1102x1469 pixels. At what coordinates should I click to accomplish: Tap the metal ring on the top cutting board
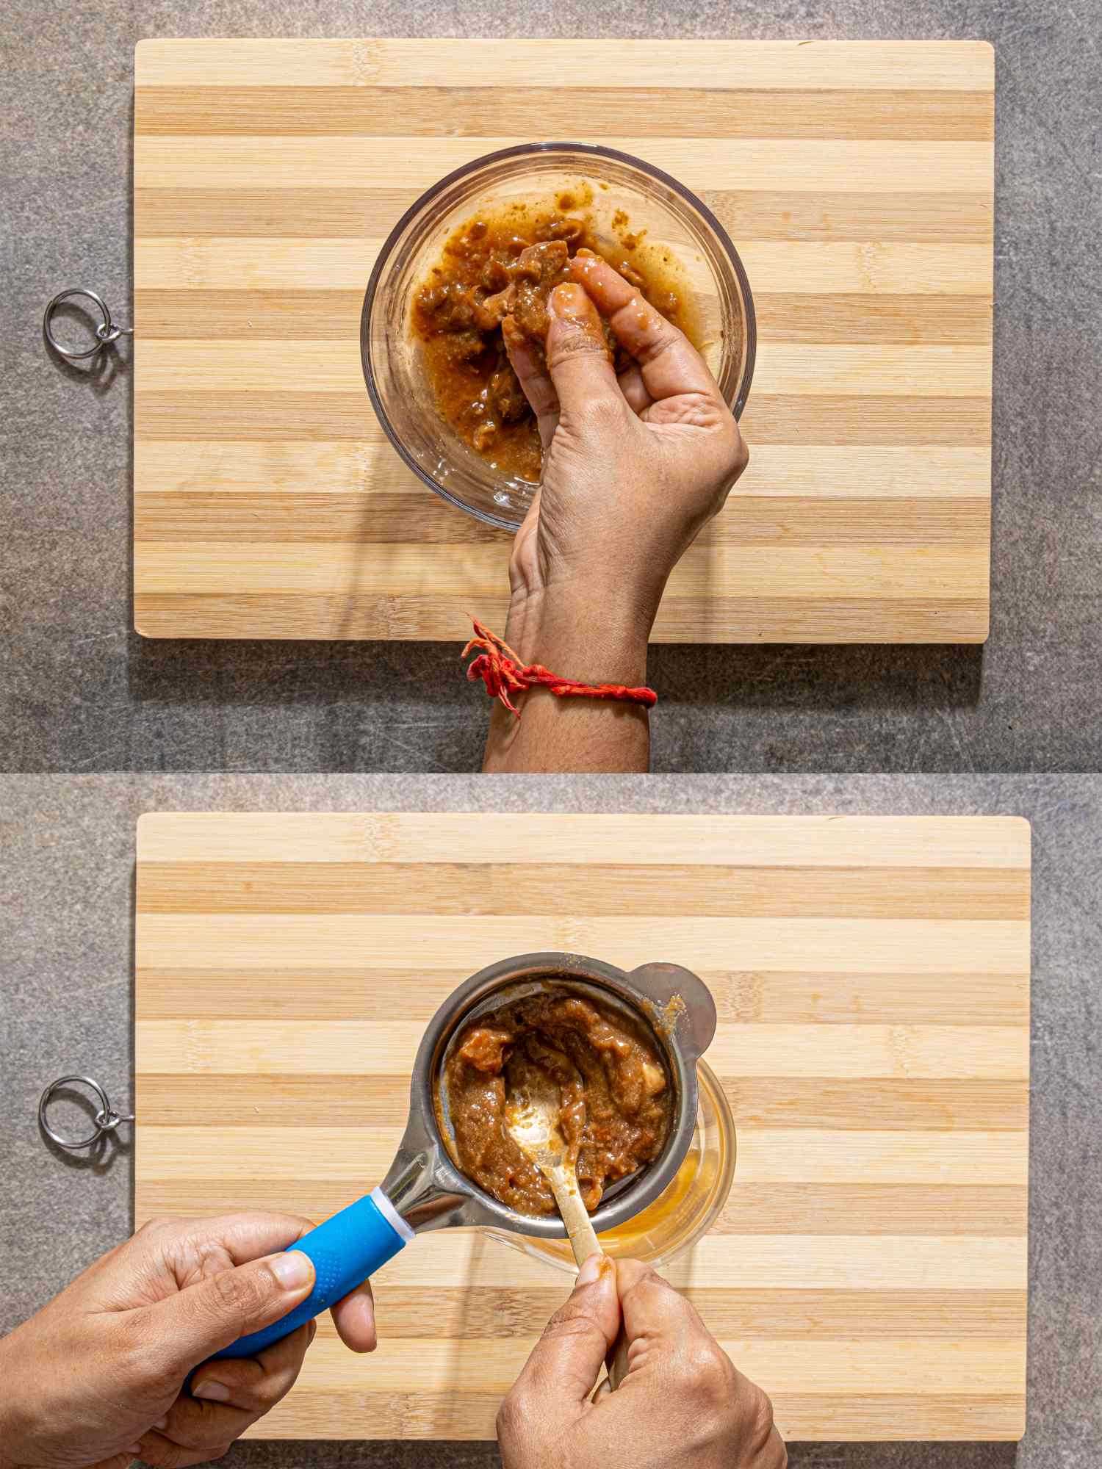(76, 324)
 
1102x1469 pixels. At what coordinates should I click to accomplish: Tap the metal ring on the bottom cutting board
(73, 1111)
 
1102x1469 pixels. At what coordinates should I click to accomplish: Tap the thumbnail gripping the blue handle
(289, 1271)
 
